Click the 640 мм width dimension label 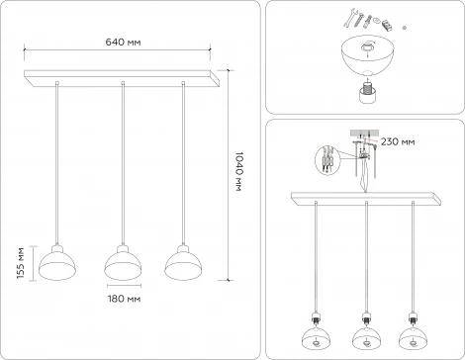pyautogui.click(x=123, y=41)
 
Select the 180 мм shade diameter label pyautogui.click(x=123, y=297)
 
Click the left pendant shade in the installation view pyautogui.click(x=315, y=338)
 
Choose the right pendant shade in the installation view pyautogui.click(x=418, y=338)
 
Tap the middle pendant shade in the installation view pyautogui.click(x=366, y=338)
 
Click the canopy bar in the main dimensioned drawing pyautogui.click(x=123, y=76)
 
